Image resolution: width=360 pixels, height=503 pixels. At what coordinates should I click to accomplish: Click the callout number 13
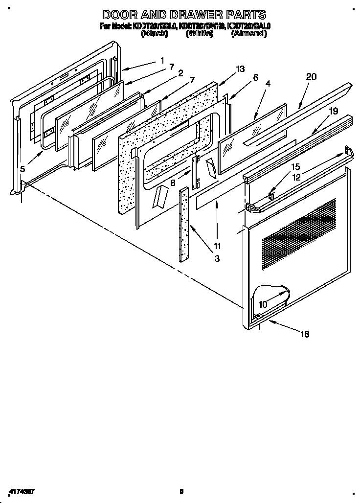pos(239,69)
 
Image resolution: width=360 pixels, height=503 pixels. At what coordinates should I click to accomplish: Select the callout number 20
pos(311,76)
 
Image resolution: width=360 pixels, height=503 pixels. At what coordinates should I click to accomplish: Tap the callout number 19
pos(333,111)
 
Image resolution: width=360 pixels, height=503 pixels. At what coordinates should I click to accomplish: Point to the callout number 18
pos(304,334)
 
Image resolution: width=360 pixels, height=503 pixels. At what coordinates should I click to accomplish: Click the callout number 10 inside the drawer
pos(263,304)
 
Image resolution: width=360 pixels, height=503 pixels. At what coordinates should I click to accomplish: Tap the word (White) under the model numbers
pos(200,34)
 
